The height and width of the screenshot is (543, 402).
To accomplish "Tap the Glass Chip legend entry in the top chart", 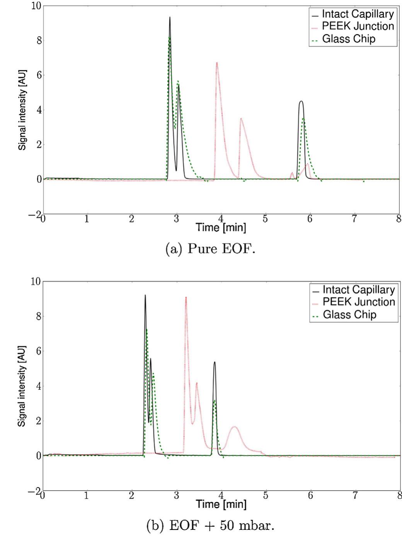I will (348, 39).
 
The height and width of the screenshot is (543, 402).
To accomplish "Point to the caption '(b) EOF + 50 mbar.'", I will (210, 526).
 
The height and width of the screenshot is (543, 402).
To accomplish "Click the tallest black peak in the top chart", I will (170, 18).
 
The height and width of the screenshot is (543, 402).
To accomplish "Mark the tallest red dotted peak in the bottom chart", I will (186, 298).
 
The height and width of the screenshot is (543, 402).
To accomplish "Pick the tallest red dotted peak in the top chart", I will (217, 63).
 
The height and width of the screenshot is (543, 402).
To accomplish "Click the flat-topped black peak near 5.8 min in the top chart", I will (301, 102).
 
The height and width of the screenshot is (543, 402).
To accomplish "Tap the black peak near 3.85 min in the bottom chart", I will (215, 362).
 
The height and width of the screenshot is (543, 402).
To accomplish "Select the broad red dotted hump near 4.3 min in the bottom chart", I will (234, 427).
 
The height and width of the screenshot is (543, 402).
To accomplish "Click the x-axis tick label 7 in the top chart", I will (354, 219).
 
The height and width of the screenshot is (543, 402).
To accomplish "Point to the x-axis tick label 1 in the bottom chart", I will (87, 496).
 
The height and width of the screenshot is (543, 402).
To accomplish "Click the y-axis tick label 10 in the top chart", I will (36, 6).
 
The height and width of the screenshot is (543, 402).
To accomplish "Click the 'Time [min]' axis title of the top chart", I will (221, 227).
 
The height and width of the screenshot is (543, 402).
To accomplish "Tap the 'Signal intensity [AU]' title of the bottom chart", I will (22, 386).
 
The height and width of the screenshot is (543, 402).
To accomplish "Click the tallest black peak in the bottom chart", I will (145, 295).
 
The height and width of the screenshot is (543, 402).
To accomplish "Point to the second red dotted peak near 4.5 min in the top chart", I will (241, 119).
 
